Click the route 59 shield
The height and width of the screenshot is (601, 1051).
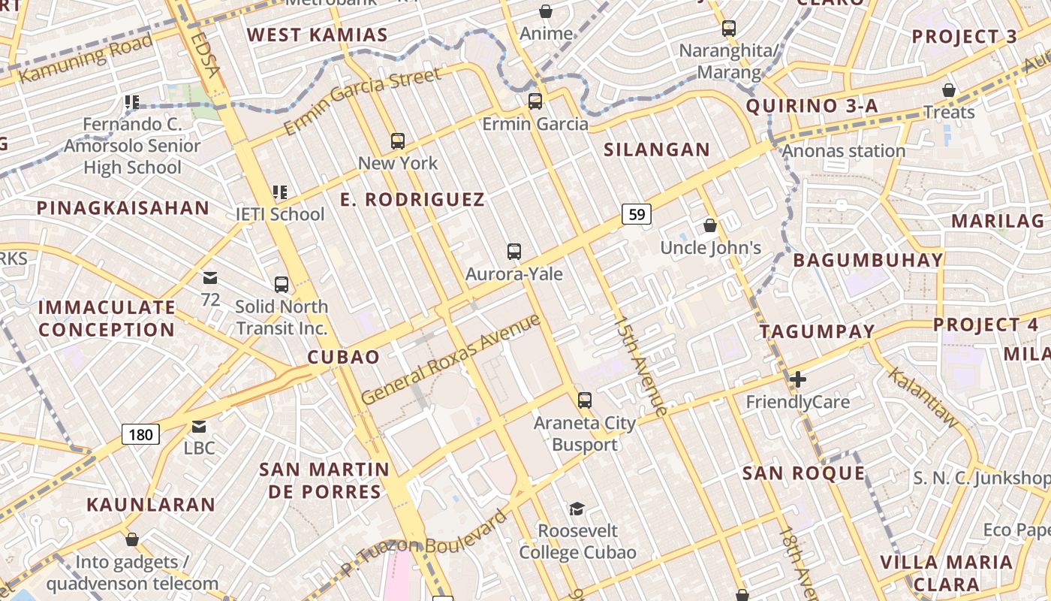637,214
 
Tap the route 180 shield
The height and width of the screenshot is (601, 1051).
140,434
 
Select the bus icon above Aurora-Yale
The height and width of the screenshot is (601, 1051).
514,251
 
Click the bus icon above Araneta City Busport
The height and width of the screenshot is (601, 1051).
585,400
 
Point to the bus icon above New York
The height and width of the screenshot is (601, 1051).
398,140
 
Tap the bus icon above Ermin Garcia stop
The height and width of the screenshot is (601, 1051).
535,101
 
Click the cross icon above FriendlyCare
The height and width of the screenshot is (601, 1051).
798,379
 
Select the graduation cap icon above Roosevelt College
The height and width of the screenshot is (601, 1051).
577,509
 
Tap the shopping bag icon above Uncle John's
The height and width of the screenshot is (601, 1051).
710,225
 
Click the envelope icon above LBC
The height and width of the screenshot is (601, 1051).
199,426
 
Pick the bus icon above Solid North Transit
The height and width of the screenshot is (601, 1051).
282,284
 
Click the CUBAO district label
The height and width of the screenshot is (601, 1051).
344,357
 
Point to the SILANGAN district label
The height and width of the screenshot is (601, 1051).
657,149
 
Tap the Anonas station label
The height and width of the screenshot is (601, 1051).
844,151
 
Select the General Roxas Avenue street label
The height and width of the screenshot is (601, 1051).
450,359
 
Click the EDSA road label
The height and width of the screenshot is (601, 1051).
204,54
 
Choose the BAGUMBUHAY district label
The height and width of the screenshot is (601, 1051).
868,261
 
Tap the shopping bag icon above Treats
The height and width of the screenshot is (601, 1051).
949,90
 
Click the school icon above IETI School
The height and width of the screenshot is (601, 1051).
280,192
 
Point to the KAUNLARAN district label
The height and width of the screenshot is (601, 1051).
151,504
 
